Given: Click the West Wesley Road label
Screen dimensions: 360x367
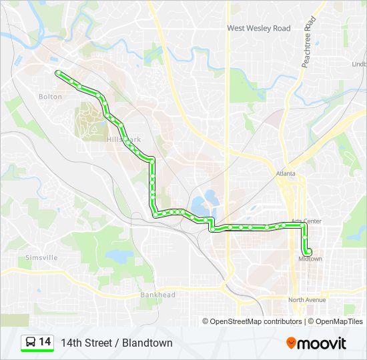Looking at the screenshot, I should [259, 28].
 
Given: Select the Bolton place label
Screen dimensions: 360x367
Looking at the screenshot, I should [50, 97].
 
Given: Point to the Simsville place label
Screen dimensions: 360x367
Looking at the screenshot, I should [41, 257].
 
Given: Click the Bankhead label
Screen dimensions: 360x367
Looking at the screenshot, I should [157, 295].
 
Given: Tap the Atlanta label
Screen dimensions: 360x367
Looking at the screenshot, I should [285, 174].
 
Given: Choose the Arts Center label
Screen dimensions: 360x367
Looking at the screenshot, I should [306, 221].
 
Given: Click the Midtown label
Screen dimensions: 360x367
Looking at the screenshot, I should [310, 259].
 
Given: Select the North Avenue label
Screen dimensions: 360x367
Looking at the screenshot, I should [306, 300].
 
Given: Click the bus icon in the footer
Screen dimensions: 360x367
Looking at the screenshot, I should [30, 343].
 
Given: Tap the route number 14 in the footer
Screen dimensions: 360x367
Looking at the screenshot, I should [45, 342].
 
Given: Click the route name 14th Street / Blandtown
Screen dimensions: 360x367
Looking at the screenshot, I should [117, 343].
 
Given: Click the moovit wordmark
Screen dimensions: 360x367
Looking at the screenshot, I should [322, 343].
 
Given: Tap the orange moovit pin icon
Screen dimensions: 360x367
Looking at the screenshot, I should [292, 343].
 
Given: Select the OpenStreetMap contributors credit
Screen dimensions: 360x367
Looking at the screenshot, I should [256, 321].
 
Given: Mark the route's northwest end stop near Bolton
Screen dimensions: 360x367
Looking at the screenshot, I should [58, 72].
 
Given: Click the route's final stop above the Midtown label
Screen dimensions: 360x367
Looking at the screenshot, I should [309, 251].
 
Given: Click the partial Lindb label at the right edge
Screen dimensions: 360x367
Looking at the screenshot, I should [359, 64].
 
